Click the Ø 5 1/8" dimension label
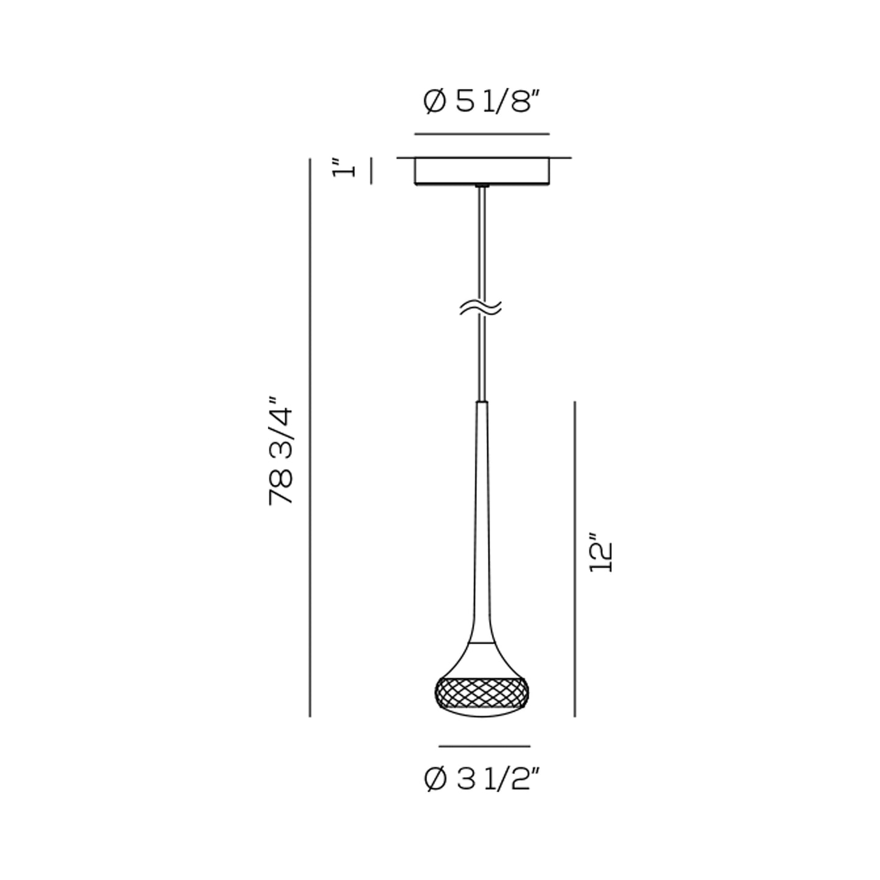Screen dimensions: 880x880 point(482,101)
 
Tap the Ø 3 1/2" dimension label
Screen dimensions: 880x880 point(482,779)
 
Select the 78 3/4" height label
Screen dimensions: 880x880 point(280,451)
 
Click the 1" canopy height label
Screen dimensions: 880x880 point(343,169)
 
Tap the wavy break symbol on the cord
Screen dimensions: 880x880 point(480,308)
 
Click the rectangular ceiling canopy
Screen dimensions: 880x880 point(482,171)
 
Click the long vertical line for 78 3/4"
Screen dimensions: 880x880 point(310,437)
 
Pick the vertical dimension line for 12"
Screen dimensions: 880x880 point(574,560)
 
